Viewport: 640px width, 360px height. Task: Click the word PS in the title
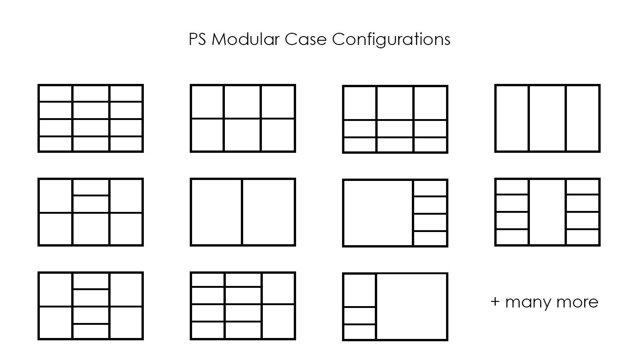coord(198,39)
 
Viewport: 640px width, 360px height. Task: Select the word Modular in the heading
coord(246,39)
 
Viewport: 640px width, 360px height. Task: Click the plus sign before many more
coord(495,302)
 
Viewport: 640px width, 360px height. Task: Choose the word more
coord(580,302)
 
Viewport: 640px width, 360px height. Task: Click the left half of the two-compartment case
coord(216,212)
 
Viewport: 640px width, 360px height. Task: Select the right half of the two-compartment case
coord(268,212)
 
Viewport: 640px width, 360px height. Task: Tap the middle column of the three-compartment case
coord(547,118)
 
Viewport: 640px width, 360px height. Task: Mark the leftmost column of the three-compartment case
coord(512,118)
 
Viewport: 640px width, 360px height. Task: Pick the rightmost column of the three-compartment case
coord(583,118)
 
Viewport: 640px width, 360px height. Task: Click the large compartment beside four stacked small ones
coord(378,212)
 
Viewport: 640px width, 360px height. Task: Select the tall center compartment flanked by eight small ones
coord(547,212)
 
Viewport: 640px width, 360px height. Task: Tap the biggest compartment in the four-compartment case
coord(411,306)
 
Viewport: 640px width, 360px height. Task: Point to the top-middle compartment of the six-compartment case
coord(242,102)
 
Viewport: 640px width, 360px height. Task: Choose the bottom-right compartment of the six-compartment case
coord(278,135)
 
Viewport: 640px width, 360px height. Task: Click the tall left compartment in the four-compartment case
coord(360,290)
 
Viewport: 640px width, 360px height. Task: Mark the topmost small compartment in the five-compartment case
coord(430,188)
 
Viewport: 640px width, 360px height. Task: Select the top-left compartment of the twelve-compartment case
coord(55,93)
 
